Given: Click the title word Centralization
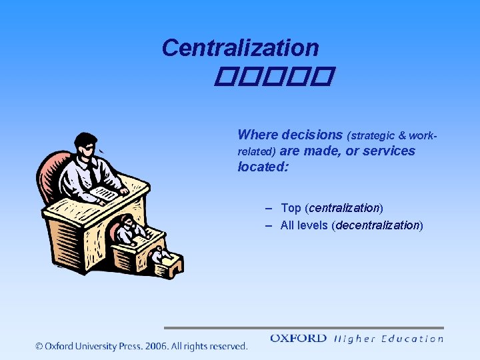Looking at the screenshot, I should [240, 48].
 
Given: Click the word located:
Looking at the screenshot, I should [263, 167].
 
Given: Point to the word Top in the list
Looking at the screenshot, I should [291, 209].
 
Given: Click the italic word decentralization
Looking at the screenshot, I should [378, 225].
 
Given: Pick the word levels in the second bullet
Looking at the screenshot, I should [313, 225].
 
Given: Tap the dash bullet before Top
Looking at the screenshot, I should [269, 209].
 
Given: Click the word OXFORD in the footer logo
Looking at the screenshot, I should [298, 339].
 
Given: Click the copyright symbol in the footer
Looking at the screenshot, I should [39, 346].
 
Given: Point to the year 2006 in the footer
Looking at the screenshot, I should [155, 346].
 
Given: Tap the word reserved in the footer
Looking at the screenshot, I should [226, 346].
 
